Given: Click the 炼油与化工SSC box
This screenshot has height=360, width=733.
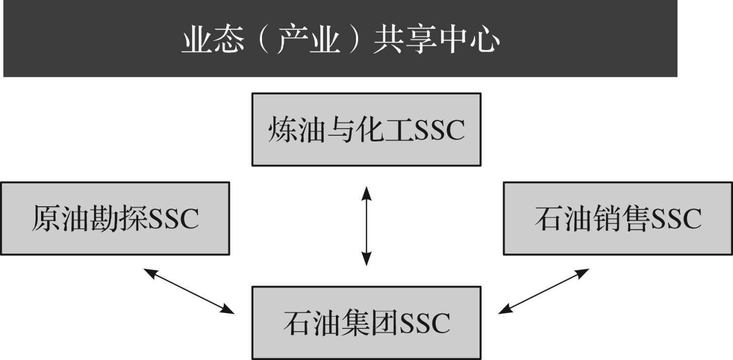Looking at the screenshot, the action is pos(366,129).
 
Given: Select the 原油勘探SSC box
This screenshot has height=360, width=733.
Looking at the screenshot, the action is pos(115,218).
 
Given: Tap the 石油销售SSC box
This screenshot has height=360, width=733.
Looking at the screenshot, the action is pos(618,218).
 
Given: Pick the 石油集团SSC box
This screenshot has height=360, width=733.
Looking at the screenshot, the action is pos(366,323).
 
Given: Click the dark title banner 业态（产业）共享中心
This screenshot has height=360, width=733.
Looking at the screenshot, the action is pos(340,39).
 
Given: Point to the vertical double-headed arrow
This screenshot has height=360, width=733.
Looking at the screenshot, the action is pos(366,226).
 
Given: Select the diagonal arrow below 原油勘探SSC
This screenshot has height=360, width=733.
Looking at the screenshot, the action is pos(189,291).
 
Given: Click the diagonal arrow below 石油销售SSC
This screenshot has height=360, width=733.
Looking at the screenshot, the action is pos(544,291).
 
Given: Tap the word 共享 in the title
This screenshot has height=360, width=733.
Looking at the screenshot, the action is pos(406,41).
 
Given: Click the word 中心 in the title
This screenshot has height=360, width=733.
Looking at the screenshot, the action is pos(470,41).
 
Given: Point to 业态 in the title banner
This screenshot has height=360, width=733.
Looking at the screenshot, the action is pos(213,41).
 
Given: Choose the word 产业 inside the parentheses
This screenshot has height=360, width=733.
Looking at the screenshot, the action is pos(309,41).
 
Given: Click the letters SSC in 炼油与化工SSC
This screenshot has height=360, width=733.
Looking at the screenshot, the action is pos(440,130).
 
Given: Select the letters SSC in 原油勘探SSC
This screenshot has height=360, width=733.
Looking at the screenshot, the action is pos(173,219).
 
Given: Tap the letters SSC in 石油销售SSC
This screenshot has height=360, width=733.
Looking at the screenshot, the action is pos(676,219).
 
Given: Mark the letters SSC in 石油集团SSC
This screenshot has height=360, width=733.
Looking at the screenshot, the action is pos(425,323).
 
